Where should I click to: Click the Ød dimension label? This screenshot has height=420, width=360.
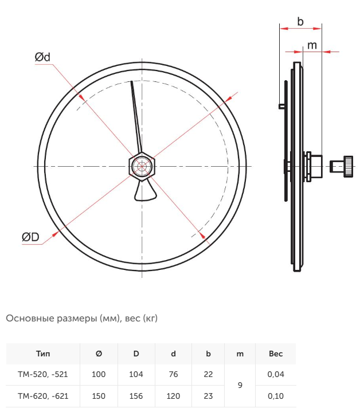click(42, 57)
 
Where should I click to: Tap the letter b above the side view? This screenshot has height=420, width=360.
click(300, 21)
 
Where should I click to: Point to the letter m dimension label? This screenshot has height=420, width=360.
click(312, 45)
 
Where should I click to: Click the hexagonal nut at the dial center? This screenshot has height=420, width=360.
click(142, 166)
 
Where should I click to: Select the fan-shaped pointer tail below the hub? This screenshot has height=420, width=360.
click(145, 191)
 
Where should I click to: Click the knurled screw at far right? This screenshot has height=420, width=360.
click(341, 166)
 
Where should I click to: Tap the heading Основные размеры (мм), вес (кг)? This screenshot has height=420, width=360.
click(82, 318)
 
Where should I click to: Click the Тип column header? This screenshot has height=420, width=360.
click(43, 354)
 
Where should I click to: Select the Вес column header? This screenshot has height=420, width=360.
click(276, 354)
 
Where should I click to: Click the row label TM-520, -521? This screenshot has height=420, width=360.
click(43, 374)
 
